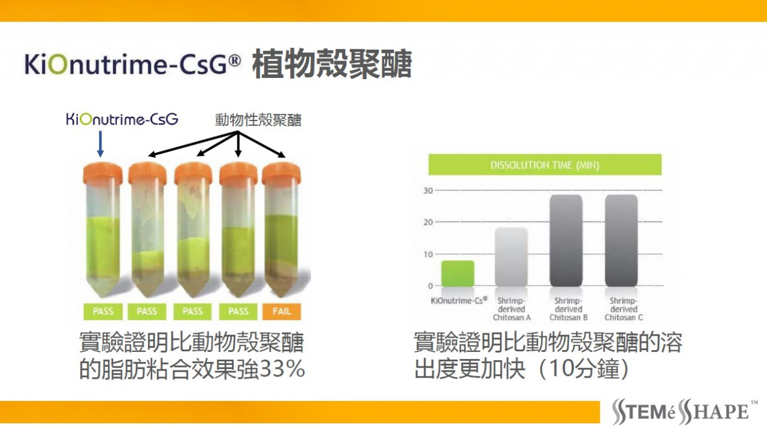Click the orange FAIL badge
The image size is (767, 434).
pos(282,311)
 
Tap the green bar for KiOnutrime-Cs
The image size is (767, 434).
pos(458,273)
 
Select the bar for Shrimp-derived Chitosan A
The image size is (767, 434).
pos(511,257)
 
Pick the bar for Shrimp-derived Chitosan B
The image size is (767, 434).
pos(566,240)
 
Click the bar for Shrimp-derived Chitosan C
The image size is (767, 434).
pos(621,240)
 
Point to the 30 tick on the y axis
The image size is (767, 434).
pos(428,191)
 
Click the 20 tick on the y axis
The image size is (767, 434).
pos(428,222)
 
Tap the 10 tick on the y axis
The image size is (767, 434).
pos(428,254)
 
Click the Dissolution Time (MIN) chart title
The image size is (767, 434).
pos(545,165)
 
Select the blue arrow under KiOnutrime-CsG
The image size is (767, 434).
pos(100,144)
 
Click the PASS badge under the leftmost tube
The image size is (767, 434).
pos(102,311)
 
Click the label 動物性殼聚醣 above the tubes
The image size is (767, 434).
pos(258,120)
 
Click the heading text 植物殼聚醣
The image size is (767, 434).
pos(332,64)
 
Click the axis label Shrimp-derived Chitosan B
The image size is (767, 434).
pos(569,309)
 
